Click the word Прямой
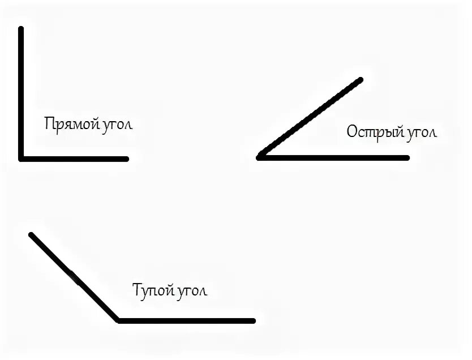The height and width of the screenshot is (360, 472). [x=67, y=124]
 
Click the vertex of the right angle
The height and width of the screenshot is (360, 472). [x=22, y=158]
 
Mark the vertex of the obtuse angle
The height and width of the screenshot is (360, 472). [x=118, y=320]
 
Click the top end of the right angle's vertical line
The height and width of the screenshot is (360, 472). [x=22, y=28]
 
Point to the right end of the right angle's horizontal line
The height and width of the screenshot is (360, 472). [x=126, y=158]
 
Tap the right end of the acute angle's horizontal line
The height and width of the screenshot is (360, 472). [x=406, y=157]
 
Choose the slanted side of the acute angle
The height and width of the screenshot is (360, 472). [x=310, y=118]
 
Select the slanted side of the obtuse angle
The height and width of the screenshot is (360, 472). [x=74, y=277]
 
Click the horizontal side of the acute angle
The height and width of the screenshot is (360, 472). [x=334, y=157]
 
